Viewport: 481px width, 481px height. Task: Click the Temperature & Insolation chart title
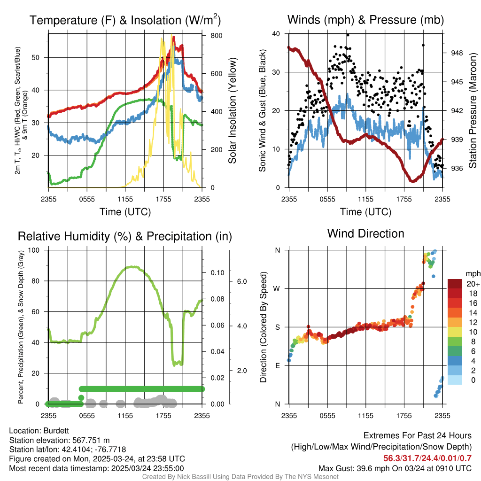pos(125,20)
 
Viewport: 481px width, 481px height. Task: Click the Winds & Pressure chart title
pos(365,20)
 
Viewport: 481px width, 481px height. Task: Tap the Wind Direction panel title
pos(365,233)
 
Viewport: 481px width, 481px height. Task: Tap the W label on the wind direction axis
pos(277,288)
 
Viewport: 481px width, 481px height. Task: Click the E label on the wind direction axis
pos(278,365)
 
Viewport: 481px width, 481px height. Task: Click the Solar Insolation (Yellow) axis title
pos(233,111)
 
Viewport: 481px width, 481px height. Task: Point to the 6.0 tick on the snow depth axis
pos(241,281)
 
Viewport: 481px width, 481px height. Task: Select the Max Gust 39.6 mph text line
pos(395,468)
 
